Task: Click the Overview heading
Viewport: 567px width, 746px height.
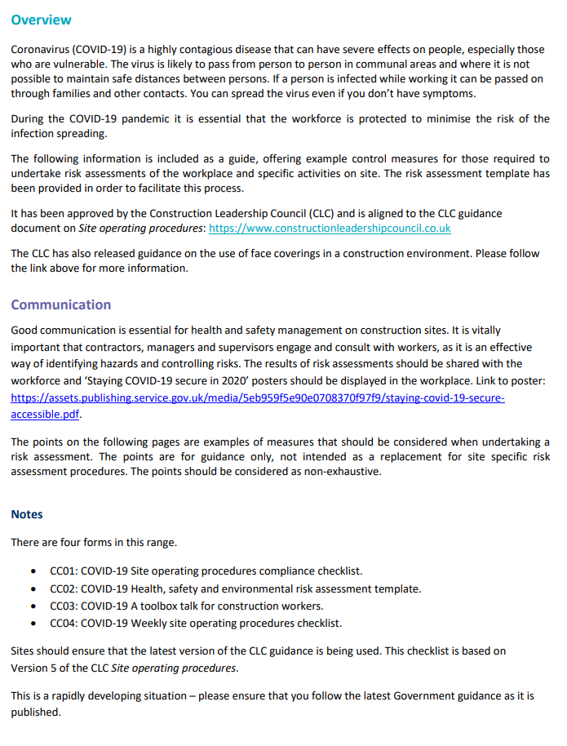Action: (41, 20)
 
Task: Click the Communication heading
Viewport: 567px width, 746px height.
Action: (60, 304)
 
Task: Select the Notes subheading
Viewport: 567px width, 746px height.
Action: (27, 514)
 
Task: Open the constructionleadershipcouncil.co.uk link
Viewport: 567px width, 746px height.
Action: (330, 229)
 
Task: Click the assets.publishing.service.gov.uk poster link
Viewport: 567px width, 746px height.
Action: (257, 398)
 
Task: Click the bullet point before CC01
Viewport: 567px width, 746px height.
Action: (33, 571)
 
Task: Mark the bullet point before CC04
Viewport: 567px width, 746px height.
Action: (33, 624)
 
